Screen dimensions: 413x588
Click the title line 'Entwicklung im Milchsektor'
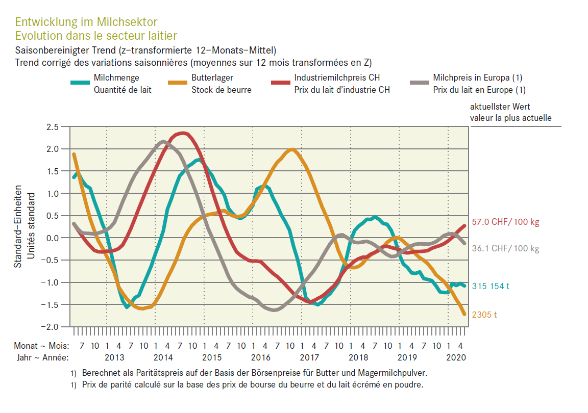[86, 22]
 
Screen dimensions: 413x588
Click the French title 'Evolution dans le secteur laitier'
[96, 35]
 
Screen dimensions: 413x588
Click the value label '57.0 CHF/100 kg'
[505, 222]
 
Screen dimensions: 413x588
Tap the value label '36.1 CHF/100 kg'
[505, 249]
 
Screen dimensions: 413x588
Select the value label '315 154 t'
[491, 286]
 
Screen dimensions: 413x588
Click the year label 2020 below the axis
[456, 357]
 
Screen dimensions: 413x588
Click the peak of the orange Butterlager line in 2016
[291, 149]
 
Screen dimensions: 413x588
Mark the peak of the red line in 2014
[183, 133]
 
